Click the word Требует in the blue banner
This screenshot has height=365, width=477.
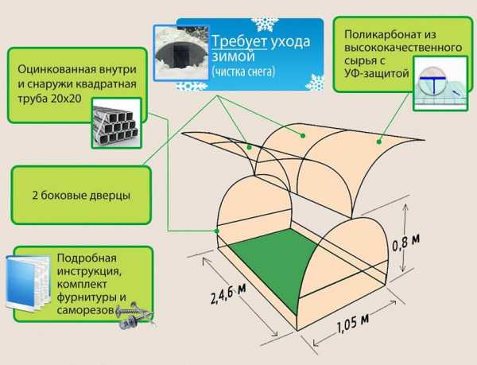click(239, 41)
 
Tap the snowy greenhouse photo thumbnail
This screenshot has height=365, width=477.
click(181, 52)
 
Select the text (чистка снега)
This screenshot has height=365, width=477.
click(243, 72)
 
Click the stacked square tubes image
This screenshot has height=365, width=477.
click(117, 123)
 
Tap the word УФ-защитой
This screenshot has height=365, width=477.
click(377, 73)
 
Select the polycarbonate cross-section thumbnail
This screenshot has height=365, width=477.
click(440, 83)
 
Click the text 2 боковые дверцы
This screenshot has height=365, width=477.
click(81, 195)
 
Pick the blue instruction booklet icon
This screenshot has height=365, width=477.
click(28, 283)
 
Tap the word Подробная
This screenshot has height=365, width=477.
click(87, 258)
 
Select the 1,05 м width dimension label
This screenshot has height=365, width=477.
click(353, 324)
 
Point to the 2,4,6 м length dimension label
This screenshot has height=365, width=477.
click(228, 293)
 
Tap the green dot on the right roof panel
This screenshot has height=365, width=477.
click(379, 142)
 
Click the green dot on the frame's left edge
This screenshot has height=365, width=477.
click(217, 231)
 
